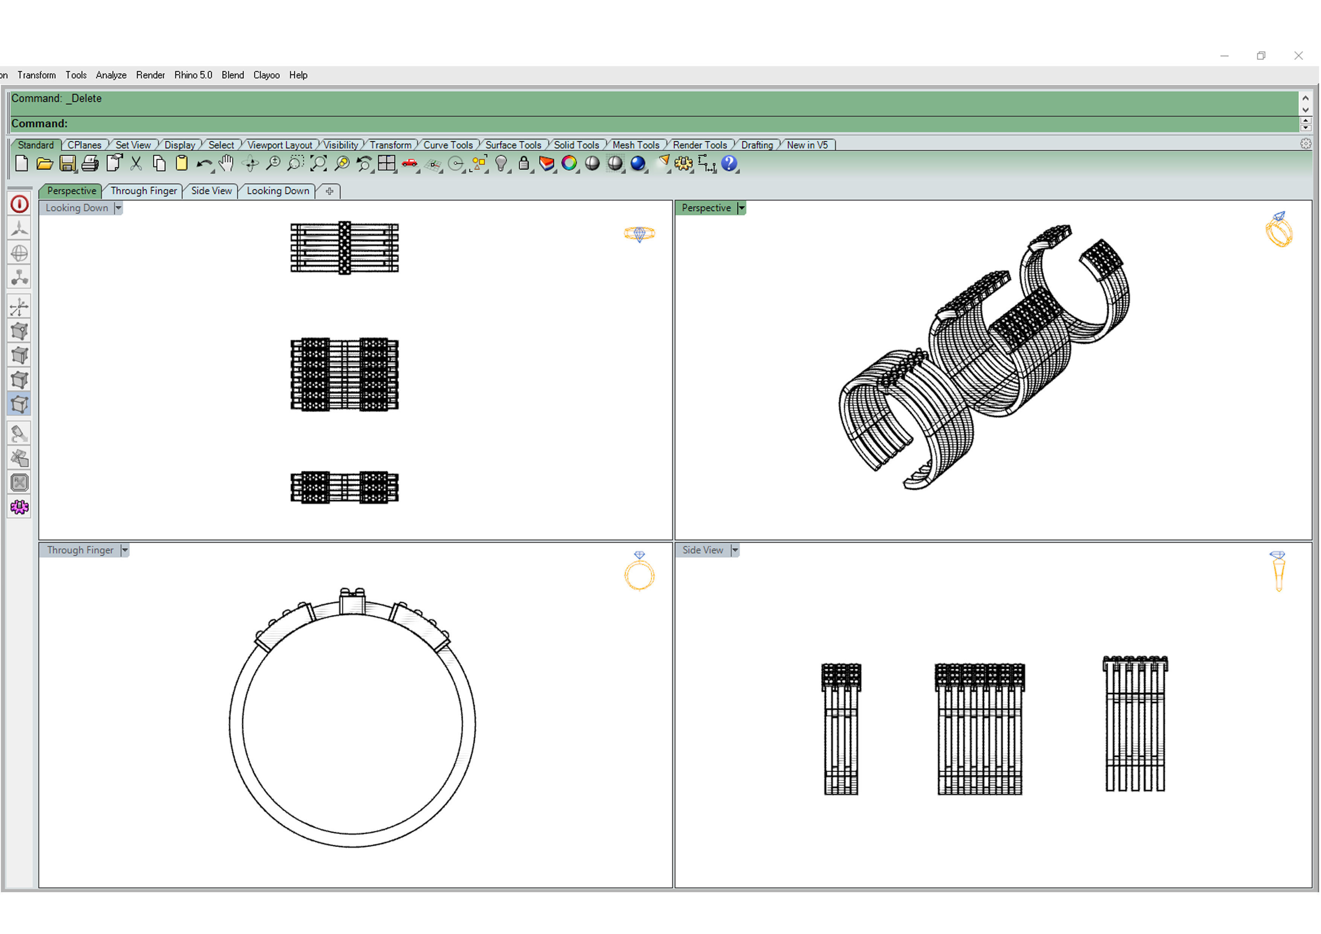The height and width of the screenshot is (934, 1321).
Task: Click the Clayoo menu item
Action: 266,75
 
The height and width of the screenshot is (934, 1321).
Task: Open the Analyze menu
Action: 111,75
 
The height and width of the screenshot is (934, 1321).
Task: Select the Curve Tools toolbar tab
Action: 448,145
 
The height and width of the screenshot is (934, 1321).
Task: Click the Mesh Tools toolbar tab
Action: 635,145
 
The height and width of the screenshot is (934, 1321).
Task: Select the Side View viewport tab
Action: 211,191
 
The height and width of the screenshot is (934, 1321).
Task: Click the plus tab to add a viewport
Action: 329,191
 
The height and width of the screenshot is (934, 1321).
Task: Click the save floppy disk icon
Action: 67,164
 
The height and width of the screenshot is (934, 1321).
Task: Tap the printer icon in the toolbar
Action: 90,164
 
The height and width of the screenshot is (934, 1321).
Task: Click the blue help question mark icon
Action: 729,163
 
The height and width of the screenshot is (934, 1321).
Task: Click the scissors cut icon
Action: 136,164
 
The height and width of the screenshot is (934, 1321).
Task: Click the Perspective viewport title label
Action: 706,208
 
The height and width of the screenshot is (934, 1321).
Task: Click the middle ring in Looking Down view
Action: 344,374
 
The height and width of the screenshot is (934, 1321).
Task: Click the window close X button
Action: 1298,56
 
